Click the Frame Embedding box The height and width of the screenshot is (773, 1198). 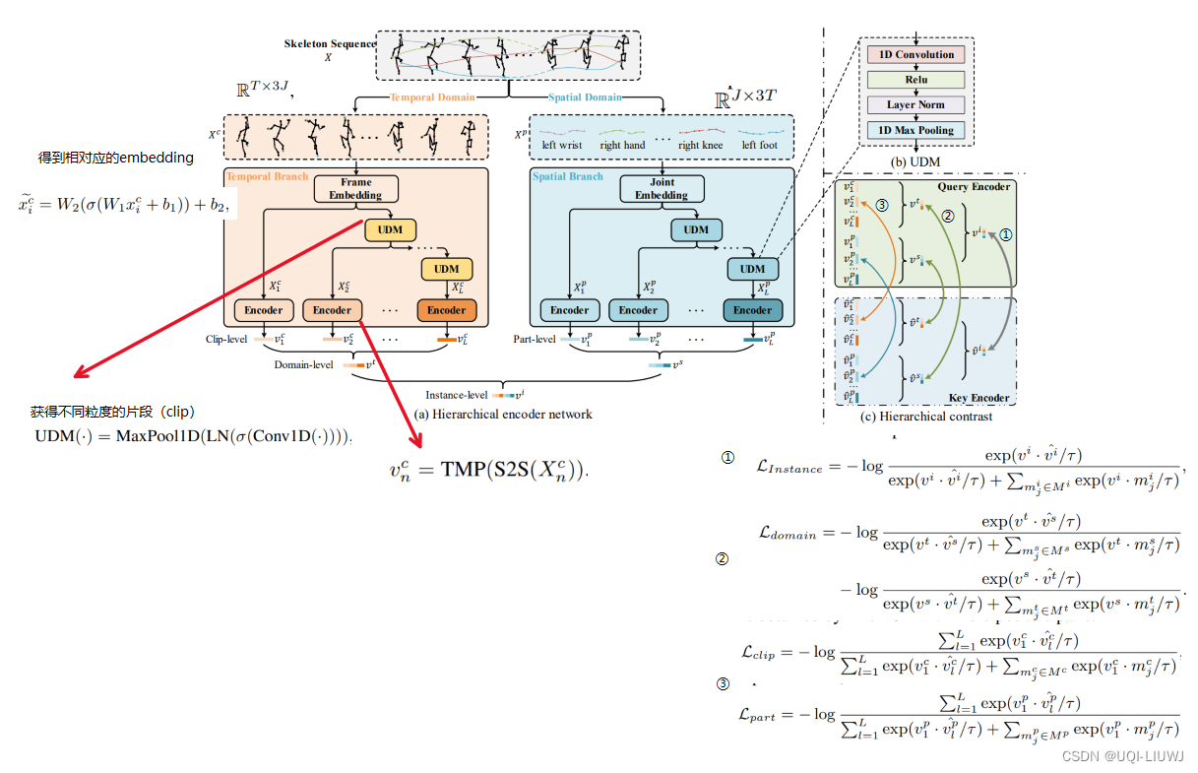pos(356,189)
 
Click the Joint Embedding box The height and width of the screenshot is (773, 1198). pos(661,189)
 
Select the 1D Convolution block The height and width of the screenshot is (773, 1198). pos(915,55)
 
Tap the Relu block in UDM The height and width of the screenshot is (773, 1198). pos(915,80)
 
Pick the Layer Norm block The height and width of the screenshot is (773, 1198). pos(915,104)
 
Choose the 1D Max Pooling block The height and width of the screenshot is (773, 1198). pos(915,130)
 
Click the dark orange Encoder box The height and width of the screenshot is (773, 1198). pos(446,310)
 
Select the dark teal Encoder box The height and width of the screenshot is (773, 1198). pos(752,310)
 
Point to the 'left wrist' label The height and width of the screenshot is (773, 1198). pos(561,146)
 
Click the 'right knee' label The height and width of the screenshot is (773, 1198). pos(700,146)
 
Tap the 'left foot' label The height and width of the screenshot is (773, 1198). pos(759,146)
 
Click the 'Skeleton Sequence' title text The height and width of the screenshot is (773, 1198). pos(330,44)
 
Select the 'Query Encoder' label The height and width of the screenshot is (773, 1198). pos(973,186)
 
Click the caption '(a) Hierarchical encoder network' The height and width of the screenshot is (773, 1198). pos(503,415)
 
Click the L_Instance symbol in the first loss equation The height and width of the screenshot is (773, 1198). pos(788,467)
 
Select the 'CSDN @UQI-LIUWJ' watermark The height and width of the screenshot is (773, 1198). pos(1122,756)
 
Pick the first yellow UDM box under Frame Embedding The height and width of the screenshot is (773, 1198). pos(391,230)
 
